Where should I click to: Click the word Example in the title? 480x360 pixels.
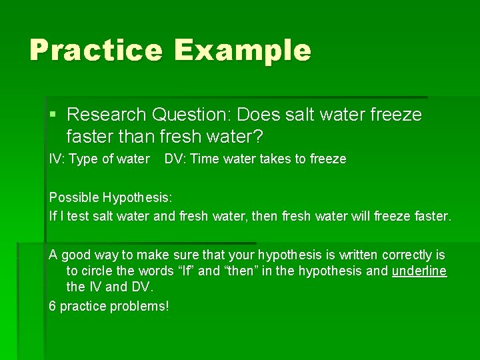[x=243, y=51]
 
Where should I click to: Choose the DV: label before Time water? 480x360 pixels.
[x=175, y=159]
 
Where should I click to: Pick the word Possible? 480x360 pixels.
[x=74, y=198]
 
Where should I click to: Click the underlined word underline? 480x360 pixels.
[x=419, y=271]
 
